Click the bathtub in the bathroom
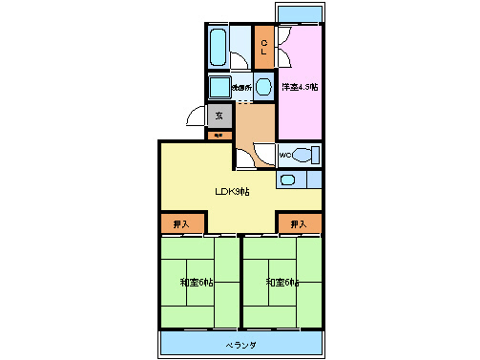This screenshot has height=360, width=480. [218, 46]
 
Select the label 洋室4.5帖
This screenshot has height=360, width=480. [299, 88]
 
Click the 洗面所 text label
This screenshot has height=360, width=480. [240, 89]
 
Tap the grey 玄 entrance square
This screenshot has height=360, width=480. [219, 116]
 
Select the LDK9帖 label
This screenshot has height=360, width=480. [231, 191]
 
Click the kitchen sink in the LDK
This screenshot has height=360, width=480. [289, 179]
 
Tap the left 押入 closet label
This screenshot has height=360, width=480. [181, 224]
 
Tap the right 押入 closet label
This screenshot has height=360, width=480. [299, 224]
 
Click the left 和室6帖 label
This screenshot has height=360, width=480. [197, 283]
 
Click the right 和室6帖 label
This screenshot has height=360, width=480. [282, 283]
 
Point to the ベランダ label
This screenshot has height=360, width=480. [240, 343]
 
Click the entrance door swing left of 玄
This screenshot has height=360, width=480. [198, 116]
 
